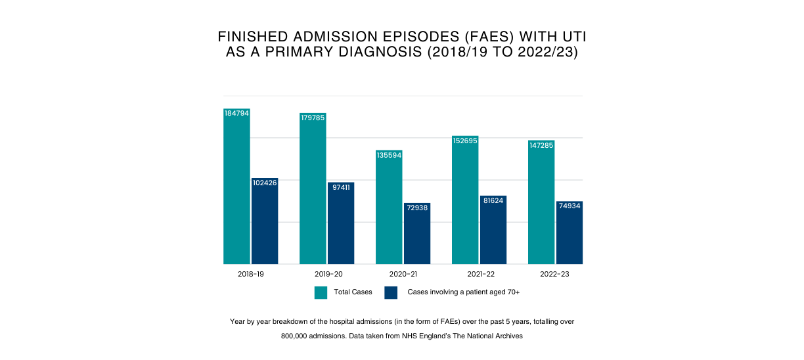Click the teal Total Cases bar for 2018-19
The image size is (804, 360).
[236, 191]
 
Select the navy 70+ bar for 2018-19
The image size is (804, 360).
[265, 223]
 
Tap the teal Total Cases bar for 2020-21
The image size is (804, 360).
[389, 210]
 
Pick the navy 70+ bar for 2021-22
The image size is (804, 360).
[493, 233]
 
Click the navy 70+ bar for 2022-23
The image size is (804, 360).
[569, 235]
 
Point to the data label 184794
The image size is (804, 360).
[236, 113]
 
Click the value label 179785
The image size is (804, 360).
[313, 118]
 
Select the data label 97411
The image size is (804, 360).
[341, 187]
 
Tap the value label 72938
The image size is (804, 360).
[417, 208]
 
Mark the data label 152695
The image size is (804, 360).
[465, 141]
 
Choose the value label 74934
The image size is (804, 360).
[569, 206]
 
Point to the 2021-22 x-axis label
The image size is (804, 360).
[480, 273]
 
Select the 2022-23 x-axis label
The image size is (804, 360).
[555, 273]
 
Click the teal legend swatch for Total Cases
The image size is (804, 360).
[321, 292]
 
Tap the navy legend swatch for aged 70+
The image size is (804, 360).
[391, 292]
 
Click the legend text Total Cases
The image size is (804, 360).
[353, 292]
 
